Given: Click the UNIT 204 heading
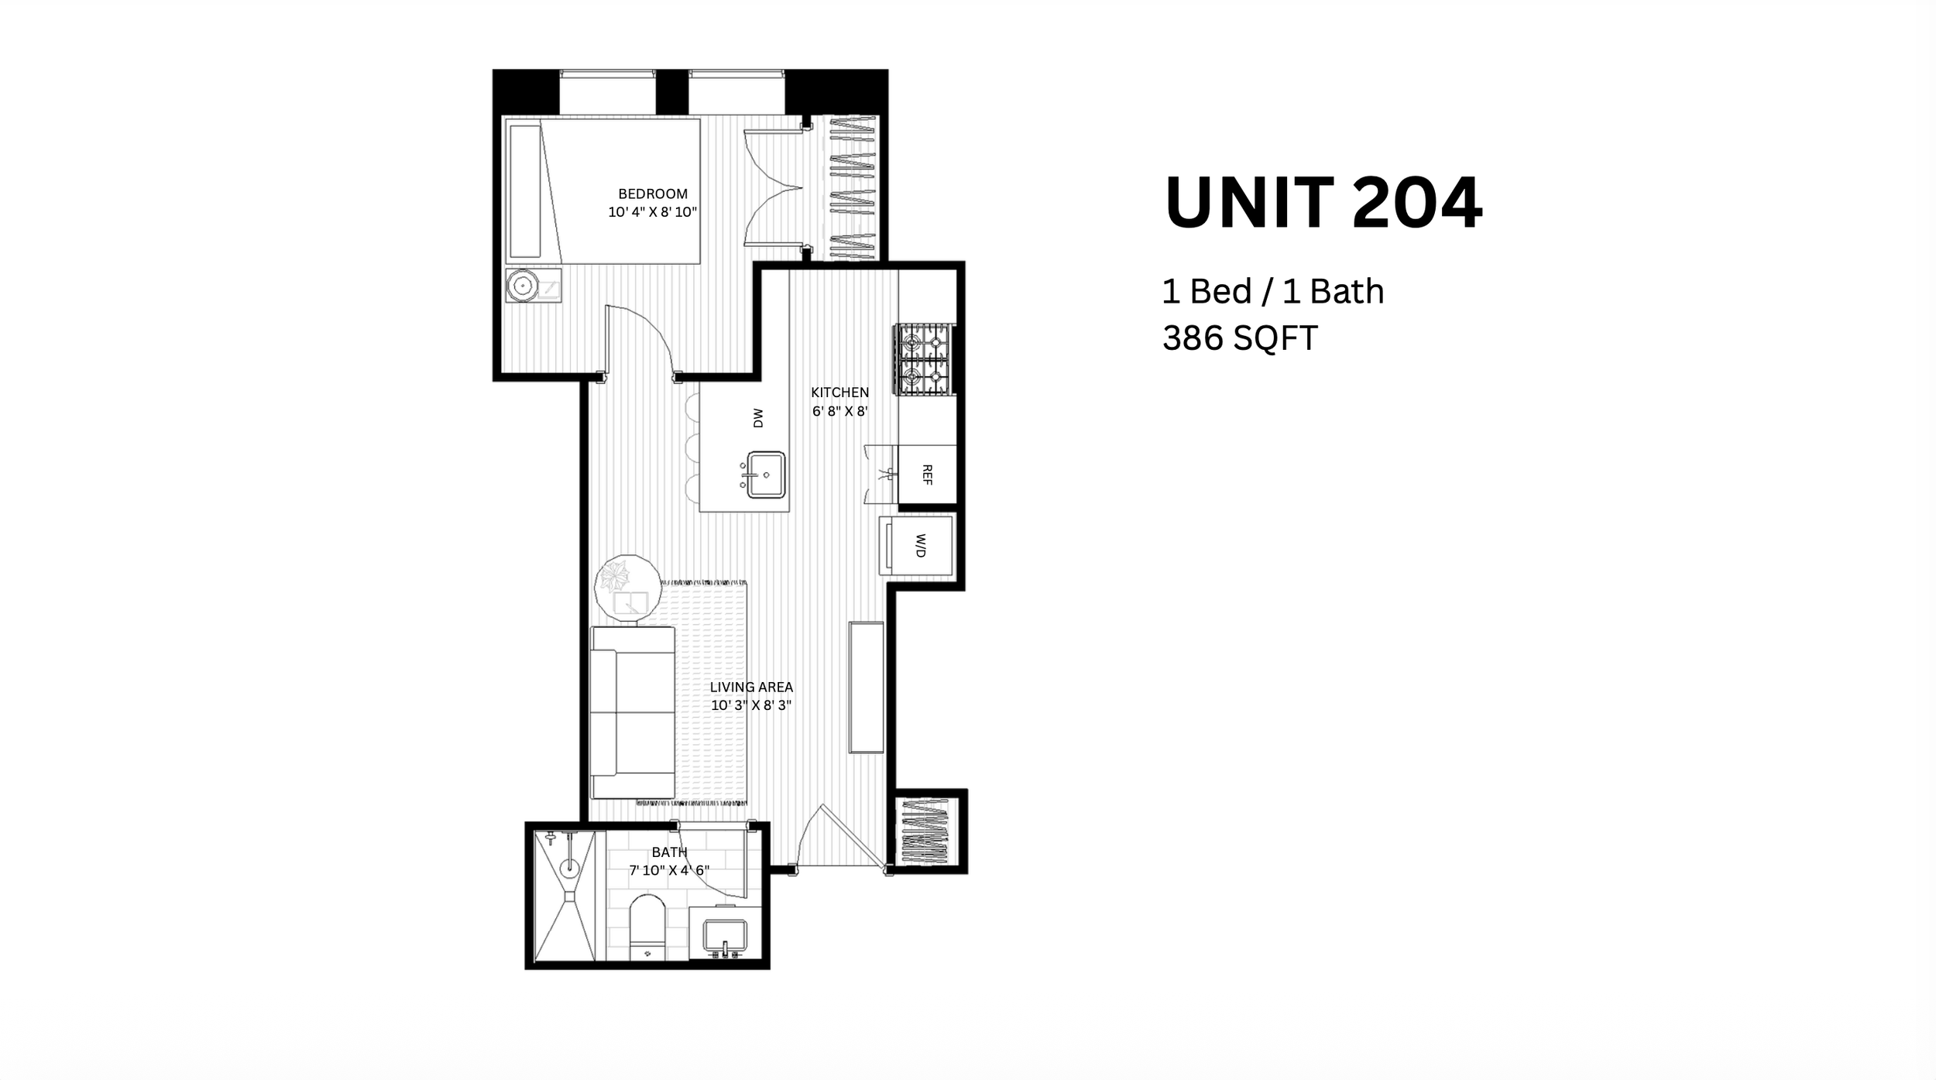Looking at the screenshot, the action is tap(1323, 203).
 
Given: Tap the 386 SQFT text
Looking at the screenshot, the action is tap(1240, 338).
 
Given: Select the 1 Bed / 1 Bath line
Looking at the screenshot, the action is tap(1273, 292).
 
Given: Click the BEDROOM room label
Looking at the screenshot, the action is tap(653, 194).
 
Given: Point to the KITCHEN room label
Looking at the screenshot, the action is tap(840, 393).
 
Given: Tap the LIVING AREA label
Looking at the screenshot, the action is tap(751, 687).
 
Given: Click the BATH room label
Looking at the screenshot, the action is tap(669, 852).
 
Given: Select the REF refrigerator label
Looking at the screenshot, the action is tap(927, 474).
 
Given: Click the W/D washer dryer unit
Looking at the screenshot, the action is tap(916, 545).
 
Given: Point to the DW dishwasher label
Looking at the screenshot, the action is tap(758, 418).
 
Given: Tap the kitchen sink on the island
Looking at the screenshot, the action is tap(765, 475).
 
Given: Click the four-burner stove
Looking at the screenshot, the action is tap(925, 360).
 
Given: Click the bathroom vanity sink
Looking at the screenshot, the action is tap(724, 939).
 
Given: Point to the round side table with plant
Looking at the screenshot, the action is tap(628, 588).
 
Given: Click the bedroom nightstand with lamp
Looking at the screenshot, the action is tap(534, 286).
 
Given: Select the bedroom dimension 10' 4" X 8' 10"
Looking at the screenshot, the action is tap(653, 212).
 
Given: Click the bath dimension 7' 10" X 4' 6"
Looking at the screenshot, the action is tap(669, 870).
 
